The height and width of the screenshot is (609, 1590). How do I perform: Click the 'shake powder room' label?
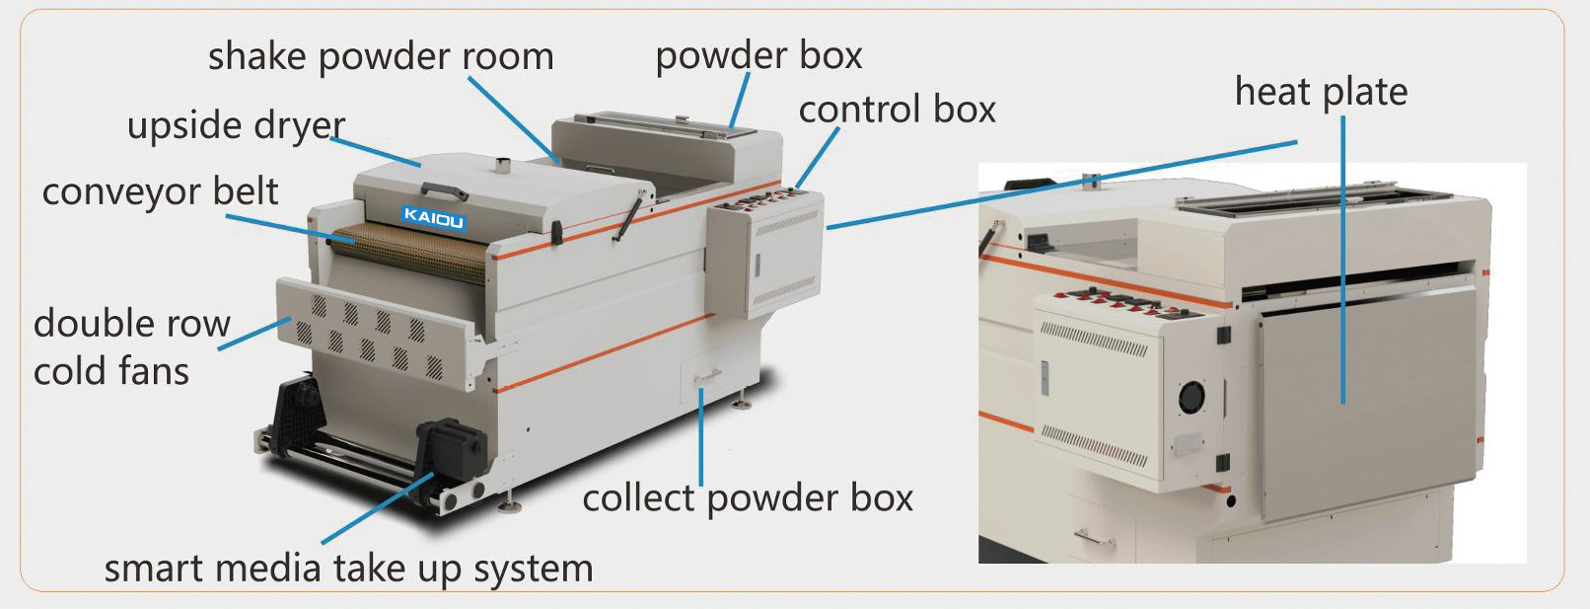pos(380,57)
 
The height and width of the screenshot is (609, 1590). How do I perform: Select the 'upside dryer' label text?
pos(236,126)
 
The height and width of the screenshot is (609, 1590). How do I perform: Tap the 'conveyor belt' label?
pos(160,191)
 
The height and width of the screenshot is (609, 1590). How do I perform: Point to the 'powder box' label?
pos(759,56)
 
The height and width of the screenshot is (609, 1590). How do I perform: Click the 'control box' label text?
pos(897,110)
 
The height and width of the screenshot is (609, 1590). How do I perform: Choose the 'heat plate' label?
pos(1321,92)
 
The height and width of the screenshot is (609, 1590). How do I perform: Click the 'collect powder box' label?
pos(748,498)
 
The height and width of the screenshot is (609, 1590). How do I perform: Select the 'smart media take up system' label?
pos(348,569)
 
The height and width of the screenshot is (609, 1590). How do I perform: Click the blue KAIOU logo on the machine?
pos(433,218)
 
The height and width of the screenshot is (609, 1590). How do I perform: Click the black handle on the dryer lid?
pos(444,190)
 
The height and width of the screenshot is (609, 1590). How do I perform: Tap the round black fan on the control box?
pos(1192,398)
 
